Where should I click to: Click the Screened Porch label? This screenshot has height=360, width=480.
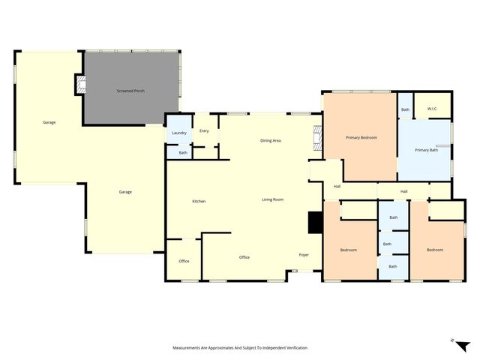coord(130,91)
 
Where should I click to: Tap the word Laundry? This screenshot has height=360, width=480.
coord(179,133)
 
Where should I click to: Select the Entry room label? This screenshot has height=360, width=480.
coord(204,131)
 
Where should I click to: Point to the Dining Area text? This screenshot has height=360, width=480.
coord(271,140)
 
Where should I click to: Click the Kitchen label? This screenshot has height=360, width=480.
coord(199,201)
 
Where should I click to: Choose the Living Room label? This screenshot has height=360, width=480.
coord(272,199)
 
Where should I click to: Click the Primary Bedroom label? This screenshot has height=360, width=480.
coord(361,137)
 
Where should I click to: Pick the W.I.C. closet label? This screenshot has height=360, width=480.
coord(432,109)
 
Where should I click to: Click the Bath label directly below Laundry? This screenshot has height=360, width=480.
coord(183,153)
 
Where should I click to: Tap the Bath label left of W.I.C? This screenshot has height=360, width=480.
coord(405,110)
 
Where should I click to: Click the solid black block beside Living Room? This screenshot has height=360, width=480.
coord(315,222)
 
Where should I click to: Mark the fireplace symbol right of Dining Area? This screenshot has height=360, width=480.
coord(317,139)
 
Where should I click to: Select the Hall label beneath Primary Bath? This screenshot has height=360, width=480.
coord(404,192)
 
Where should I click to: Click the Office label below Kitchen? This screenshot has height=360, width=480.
coord(184,261)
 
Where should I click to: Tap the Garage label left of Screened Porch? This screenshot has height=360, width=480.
coord(49,122)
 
